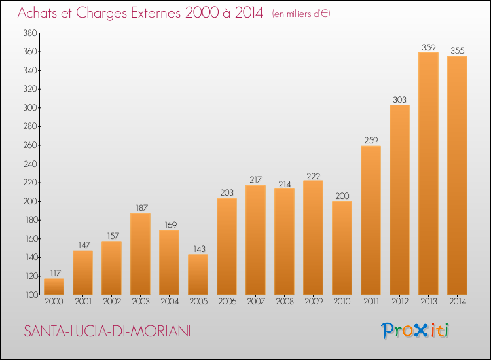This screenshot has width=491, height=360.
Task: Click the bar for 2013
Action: [428, 173]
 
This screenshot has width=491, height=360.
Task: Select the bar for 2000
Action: [54, 287]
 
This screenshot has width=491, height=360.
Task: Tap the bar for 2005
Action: [198, 274]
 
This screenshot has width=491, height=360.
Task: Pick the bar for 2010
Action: [342, 247]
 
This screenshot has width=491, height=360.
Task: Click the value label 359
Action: [428, 47]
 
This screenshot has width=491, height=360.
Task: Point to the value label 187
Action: [141, 208]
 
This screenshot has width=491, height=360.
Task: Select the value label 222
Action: [313, 176]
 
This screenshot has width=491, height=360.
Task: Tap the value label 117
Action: [55, 274]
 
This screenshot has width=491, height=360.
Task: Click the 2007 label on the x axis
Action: [256, 302]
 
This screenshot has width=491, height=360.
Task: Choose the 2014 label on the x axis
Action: [458, 302]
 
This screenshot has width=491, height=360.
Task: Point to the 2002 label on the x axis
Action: [112, 302]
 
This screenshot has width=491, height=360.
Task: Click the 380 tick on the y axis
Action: [30, 33]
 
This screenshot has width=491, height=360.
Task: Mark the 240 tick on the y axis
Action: [30, 164]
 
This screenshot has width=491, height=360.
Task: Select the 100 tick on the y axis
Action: [31, 295]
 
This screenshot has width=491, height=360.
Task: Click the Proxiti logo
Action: [415, 331]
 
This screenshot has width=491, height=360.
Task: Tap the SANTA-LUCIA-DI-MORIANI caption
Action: [107, 331]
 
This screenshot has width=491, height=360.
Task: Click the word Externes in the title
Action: [156, 13]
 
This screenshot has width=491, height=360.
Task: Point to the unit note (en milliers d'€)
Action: [301, 14]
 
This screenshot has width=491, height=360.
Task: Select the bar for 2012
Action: [399, 200]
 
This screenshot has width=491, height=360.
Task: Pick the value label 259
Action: [371, 140]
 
